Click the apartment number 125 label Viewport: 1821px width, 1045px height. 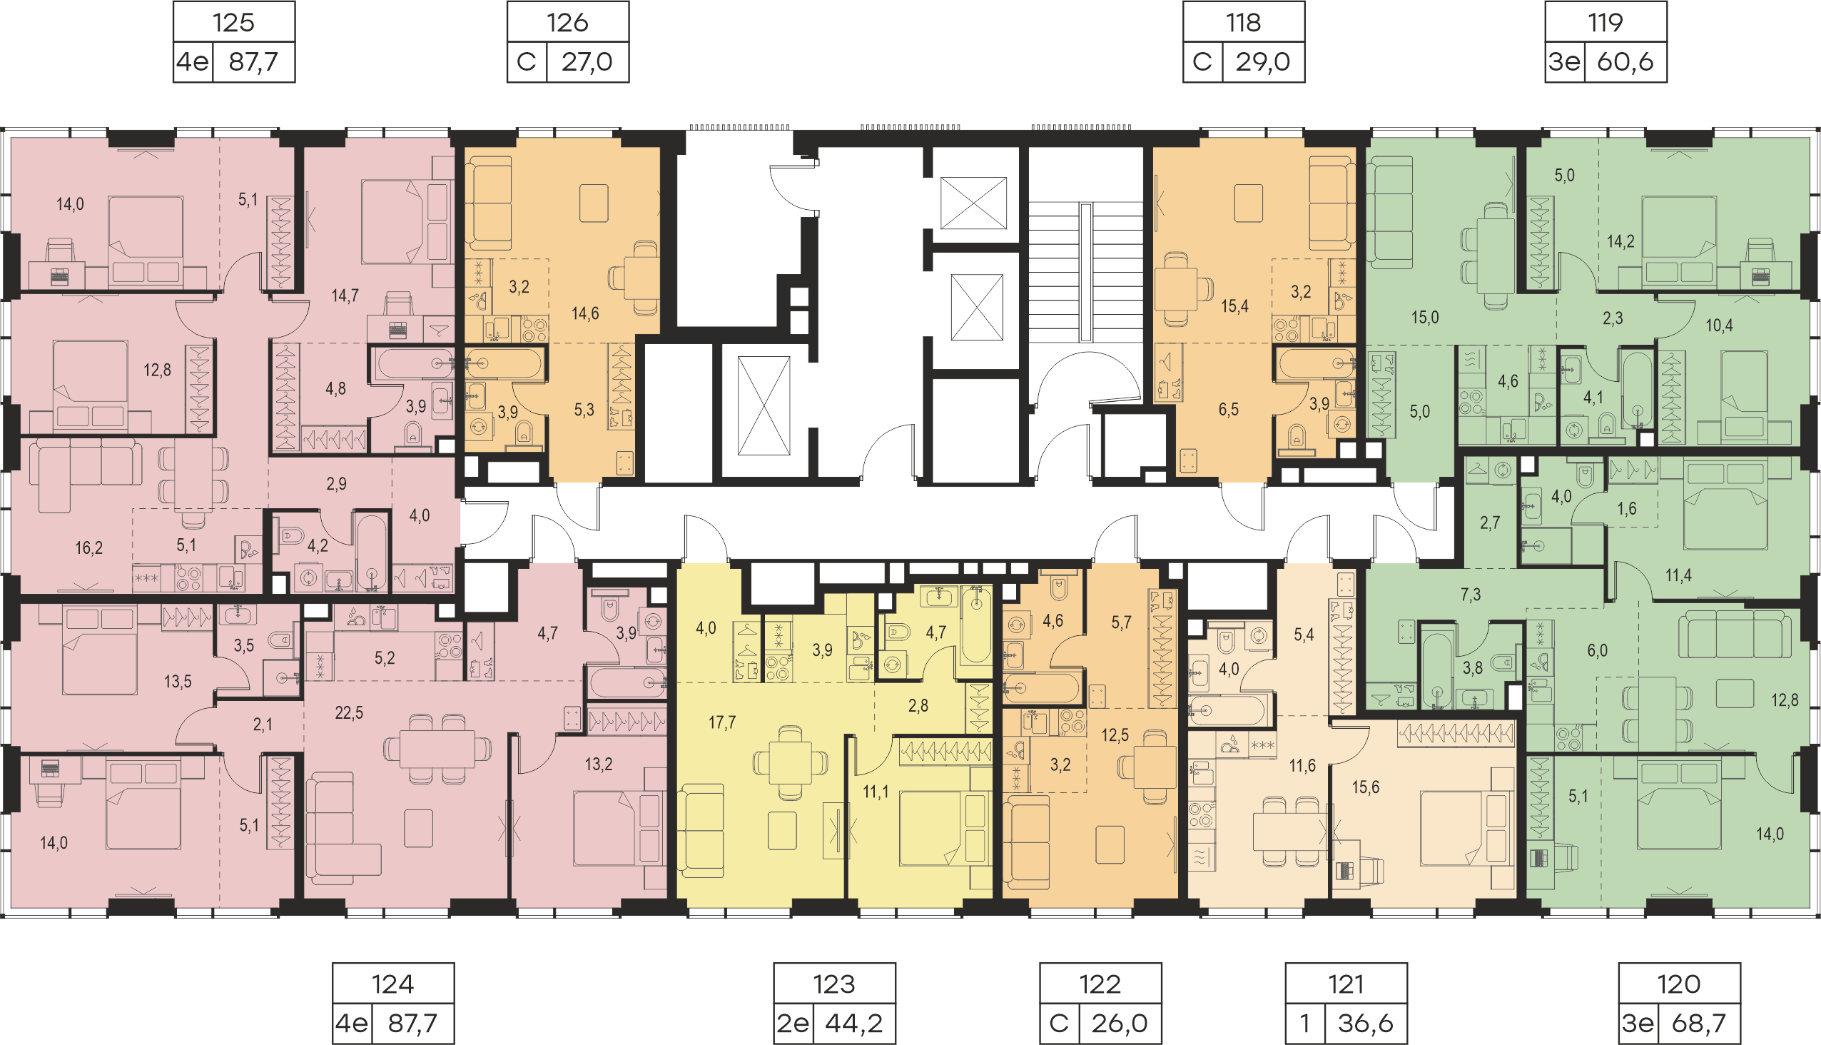coord(233,22)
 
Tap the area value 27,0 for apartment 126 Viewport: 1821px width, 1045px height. coord(587,61)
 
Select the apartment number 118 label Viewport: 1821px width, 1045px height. coord(1244,22)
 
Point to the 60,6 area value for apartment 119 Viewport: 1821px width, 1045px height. coord(1625,61)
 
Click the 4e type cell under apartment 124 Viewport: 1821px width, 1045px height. coord(352,1023)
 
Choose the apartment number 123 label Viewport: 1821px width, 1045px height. coord(833,984)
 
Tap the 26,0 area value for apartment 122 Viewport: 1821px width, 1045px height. coord(1120,1023)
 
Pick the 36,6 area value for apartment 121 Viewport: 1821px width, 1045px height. coord(1365,1023)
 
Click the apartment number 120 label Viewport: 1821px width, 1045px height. coord(1679,984)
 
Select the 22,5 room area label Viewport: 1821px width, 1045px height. coord(349,712)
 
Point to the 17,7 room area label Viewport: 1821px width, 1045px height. coord(722,722)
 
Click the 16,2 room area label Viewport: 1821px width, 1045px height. coord(89,548)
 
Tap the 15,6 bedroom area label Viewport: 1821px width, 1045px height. coord(1365,787)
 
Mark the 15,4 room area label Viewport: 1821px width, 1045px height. coord(1234,306)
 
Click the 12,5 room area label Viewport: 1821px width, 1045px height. coord(1115,735)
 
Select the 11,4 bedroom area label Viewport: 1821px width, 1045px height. coord(1678,575)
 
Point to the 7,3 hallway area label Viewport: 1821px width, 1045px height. coord(1470,595)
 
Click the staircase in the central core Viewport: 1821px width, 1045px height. coord(1085,273)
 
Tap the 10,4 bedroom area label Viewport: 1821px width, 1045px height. coord(1719,325)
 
